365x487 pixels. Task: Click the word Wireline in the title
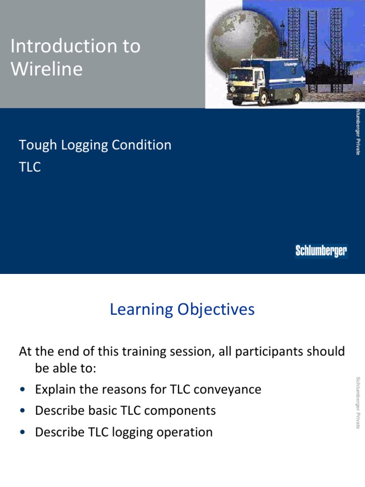tap(46, 69)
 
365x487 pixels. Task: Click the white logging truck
tap(266, 78)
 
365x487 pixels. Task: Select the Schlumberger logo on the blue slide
tap(321, 251)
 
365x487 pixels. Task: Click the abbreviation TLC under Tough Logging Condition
tap(30, 167)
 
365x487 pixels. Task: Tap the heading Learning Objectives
tap(182, 310)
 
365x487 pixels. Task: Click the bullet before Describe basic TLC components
tap(22, 411)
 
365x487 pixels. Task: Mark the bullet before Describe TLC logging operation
tap(22, 433)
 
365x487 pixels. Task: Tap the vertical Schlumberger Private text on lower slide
tap(358, 402)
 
